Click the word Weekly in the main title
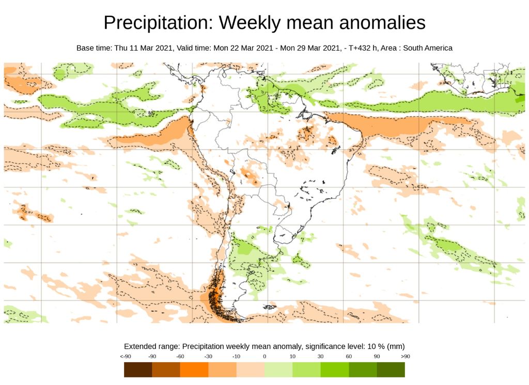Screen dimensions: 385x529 coord(249,23)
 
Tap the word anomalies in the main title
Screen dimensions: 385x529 coord(381,23)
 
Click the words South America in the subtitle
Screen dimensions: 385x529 coord(427,48)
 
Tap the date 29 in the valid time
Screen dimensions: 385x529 coord(302,48)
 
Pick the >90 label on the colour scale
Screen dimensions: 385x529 coord(405,357)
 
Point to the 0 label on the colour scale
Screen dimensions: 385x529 coord(264,357)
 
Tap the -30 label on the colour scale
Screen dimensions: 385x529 coord(208,357)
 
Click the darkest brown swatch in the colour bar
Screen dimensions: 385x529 coord(138,370)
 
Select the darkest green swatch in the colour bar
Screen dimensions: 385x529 coord(391,370)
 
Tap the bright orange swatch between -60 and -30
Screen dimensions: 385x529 coord(194,370)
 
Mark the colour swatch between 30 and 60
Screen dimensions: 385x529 coord(334,370)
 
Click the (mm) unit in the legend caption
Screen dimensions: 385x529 coord(395,346)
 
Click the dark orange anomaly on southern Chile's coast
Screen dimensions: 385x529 coord(215,299)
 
